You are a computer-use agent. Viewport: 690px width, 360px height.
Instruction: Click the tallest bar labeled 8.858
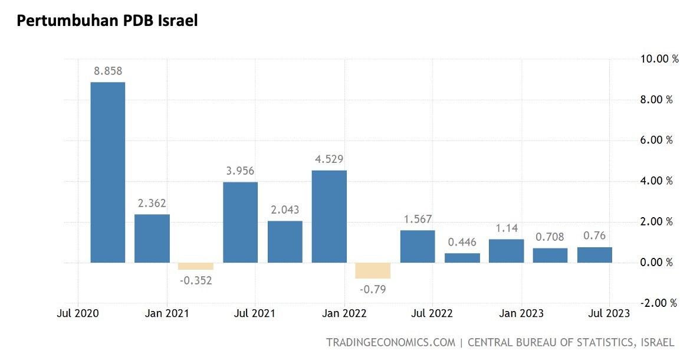click(107, 172)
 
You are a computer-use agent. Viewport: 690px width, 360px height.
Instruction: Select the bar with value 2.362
click(152, 238)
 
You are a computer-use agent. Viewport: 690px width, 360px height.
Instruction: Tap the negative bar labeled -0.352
click(196, 266)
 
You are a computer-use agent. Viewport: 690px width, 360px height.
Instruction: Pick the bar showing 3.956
click(241, 222)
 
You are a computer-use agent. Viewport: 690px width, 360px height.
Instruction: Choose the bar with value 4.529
click(329, 216)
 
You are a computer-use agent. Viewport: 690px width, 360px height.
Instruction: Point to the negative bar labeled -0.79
click(373, 270)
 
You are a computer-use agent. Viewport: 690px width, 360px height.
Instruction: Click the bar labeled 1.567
click(418, 246)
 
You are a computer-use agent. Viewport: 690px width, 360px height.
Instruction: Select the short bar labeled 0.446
click(462, 257)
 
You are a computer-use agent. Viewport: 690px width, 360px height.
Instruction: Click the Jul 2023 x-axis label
click(609, 313)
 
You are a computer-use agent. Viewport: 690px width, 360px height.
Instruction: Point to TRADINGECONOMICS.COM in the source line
click(390, 342)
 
